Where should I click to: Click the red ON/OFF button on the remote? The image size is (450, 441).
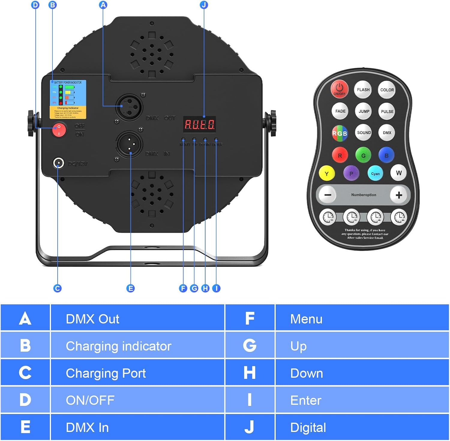339,89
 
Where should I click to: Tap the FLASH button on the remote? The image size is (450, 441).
363,90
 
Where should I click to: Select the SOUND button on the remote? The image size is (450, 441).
364,133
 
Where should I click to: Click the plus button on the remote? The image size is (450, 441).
399,195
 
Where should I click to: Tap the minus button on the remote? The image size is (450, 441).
328,195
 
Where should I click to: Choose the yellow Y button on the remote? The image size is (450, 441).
327,174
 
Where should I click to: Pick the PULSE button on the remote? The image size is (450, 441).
387,112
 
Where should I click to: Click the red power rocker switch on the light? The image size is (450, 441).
59,130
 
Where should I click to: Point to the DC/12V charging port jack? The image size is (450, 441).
58,163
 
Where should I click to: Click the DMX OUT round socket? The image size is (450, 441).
129,107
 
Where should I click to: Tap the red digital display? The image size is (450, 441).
199,124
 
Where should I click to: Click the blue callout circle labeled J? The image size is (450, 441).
204,5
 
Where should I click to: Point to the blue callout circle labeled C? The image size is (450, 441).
57,288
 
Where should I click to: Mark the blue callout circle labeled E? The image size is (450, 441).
130,288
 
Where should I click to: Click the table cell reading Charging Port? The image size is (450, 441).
137,373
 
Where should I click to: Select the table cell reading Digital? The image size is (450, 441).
362,428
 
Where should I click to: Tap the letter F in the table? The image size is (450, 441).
250,318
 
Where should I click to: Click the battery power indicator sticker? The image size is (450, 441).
68,99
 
